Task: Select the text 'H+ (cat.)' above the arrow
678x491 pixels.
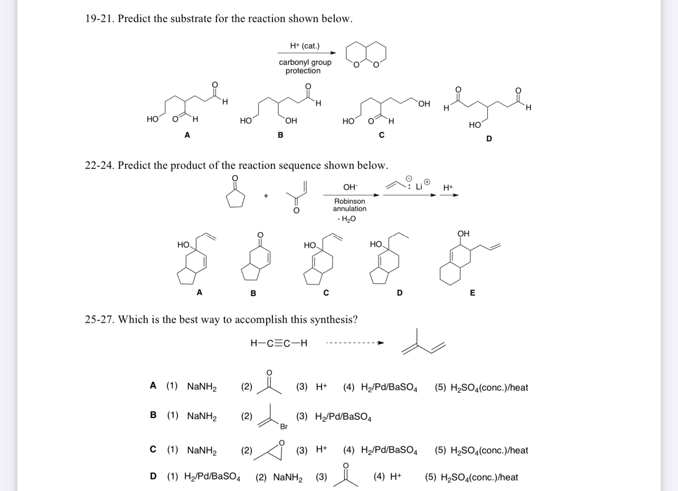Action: pyautogui.click(x=305, y=46)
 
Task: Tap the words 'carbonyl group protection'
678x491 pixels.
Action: pyautogui.click(x=305, y=67)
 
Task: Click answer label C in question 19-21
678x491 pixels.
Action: pyautogui.click(x=381, y=135)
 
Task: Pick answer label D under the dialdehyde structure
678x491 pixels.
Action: pyautogui.click(x=488, y=138)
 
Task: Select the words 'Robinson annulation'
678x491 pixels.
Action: pyautogui.click(x=350, y=205)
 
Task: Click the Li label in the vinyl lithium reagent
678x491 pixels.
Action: pyautogui.click(x=419, y=187)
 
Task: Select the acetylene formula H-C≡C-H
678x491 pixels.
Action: pyautogui.click(x=279, y=344)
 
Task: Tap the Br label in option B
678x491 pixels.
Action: pyautogui.click(x=284, y=426)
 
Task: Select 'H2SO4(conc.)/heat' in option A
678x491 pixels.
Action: pyautogui.click(x=481, y=388)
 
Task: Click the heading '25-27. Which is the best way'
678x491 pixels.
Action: pyautogui.click(x=221, y=319)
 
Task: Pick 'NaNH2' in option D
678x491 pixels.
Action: pyautogui.click(x=288, y=478)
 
